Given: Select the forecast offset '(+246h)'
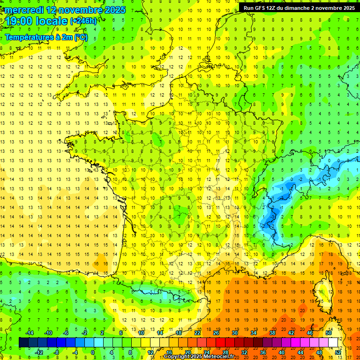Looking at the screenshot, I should pos(83,21).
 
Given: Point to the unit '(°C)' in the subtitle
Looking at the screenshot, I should pos(80,37).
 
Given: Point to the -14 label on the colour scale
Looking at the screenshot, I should pos(29,332).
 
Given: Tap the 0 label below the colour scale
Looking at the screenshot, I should pos(93,352).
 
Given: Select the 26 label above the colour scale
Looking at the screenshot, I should pos(216,332).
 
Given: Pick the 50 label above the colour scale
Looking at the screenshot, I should pos(329,332).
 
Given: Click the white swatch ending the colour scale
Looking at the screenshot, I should pos(333,342).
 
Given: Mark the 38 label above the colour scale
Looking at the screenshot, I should pos(272,332).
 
